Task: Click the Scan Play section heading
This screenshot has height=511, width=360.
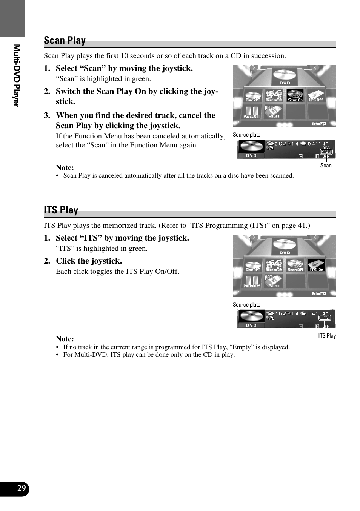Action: (x=65, y=40)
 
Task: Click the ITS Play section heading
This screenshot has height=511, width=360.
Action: (x=61, y=210)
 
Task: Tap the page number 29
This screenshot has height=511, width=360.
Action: (x=22, y=489)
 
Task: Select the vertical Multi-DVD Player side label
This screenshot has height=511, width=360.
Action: (x=16, y=75)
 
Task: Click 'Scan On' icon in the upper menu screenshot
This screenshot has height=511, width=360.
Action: (x=295, y=96)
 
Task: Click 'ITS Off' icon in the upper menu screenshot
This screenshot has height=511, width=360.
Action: (x=316, y=96)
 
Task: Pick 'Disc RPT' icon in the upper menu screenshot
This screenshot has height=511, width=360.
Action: (x=253, y=96)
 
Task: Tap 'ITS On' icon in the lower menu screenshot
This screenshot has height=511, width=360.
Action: (x=316, y=265)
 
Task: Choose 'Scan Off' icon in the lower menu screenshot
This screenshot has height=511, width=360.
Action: (x=295, y=265)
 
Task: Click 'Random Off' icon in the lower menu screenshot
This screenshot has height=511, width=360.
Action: (x=274, y=265)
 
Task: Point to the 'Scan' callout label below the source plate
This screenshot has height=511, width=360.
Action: (x=326, y=165)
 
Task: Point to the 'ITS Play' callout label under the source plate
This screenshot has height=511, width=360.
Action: (x=327, y=335)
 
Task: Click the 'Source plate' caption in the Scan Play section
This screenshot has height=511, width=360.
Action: (x=246, y=135)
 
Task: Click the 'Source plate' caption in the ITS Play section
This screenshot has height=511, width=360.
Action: (x=246, y=305)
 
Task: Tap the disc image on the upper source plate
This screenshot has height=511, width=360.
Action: (x=251, y=147)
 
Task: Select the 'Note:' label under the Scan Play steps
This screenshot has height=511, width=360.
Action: (x=65, y=167)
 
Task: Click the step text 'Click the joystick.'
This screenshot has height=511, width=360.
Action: (x=89, y=261)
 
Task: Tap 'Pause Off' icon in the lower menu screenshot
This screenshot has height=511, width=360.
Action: (x=252, y=282)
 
